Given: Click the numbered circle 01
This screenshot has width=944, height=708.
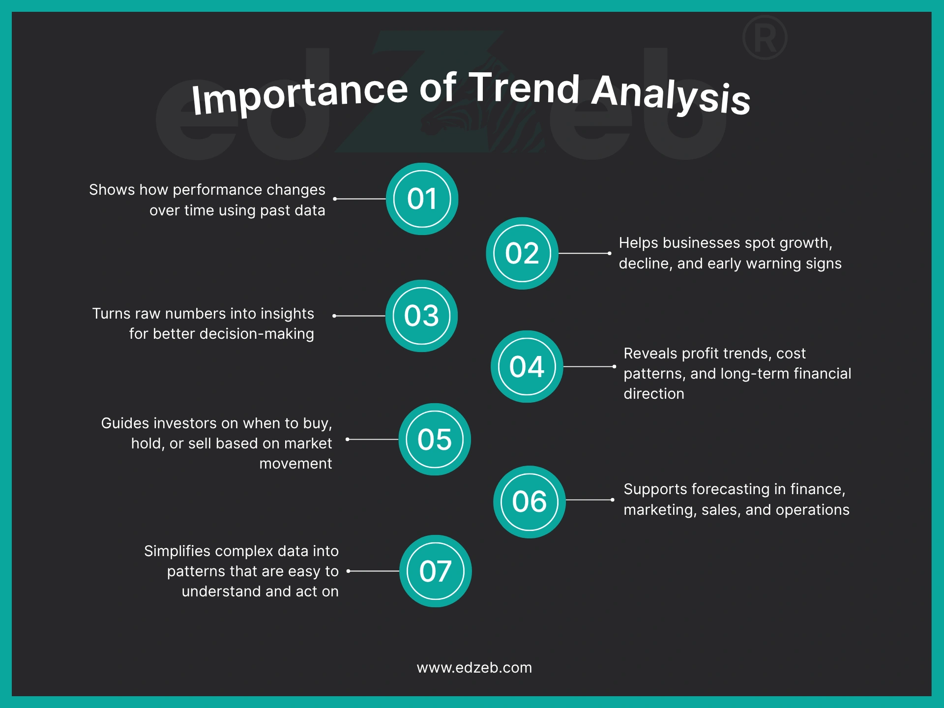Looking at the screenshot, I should click(422, 199).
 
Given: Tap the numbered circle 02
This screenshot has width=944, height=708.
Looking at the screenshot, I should click(522, 253).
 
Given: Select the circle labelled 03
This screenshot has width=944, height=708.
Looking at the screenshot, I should click(421, 316).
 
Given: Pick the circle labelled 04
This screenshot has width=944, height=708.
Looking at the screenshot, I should click(527, 366).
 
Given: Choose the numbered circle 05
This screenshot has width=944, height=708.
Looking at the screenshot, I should click(435, 439).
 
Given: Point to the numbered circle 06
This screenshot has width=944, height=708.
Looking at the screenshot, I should click(529, 501).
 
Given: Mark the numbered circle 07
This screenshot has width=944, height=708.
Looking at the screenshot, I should click(435, 571).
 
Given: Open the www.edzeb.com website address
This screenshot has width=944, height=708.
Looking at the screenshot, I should click(474, 668).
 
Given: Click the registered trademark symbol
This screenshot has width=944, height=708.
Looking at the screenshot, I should click(765, 38).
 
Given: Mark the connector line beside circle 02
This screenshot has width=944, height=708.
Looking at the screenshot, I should click(584, 253).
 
